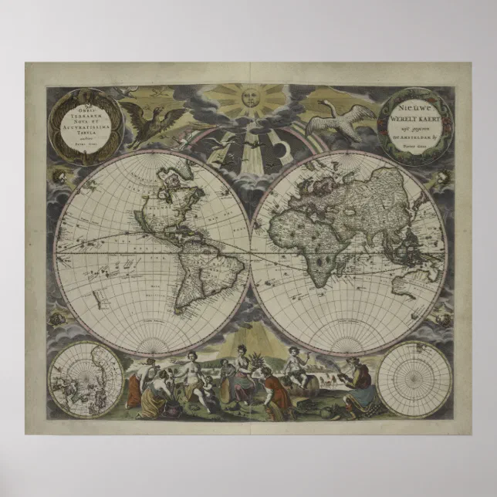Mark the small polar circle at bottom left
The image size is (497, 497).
pyautogui.click(x=84, y=380)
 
